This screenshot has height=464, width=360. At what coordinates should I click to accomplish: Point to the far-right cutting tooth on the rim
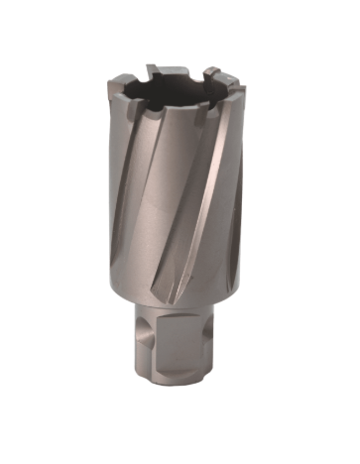(x=236, y=88)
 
